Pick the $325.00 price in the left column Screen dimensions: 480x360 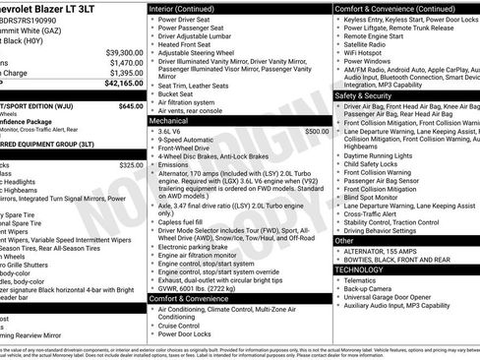[x=131, y=165]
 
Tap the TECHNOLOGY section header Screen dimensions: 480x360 [x=358, y=269]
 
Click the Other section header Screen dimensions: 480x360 [x=344, y=240]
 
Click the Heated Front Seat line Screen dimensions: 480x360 [x=187, y=44]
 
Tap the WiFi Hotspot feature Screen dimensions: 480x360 [x=370, y=53]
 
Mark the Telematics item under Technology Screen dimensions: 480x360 [x=366, y=279]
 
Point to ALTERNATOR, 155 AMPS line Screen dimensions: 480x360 [x=388, y=251]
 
